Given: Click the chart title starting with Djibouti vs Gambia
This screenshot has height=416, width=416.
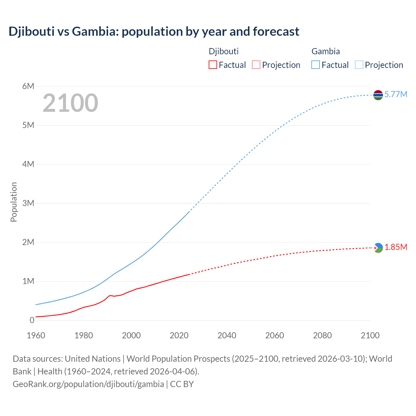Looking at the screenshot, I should (x=154, y=32).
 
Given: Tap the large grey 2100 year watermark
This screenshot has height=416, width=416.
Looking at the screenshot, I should (x=70, y=103).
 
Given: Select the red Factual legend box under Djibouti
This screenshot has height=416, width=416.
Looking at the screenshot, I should (x=213, y=65).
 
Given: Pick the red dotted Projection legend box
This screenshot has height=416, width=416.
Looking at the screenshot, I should (x=256, y=65).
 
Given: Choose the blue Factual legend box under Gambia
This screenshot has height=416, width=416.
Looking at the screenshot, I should (x=316, y=65).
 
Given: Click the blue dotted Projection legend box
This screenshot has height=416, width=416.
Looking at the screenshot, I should (x=359, y=65).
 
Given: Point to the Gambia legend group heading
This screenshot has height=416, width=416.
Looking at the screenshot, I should (x=325, y=51).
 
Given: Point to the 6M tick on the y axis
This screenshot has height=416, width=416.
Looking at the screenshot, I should (x=28, y=86).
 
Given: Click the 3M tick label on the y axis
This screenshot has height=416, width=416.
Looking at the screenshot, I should (x=28, y=203).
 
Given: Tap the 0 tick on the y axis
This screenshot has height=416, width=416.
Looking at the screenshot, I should (x=32, y=320).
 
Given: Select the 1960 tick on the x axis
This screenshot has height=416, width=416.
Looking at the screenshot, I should (x=36, y=335).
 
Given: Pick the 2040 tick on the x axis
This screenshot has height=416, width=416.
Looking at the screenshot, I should (x=227, y=335).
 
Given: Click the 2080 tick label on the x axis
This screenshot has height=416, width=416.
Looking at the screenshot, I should (x=322, y=335).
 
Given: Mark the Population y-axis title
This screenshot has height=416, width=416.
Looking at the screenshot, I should (x=14, y=202).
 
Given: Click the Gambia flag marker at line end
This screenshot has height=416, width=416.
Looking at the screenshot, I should (x=378, y=95).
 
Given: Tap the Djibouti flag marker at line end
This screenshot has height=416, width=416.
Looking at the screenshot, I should (x=378, y=248).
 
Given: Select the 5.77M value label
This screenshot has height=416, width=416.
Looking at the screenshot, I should (x=396, y=94).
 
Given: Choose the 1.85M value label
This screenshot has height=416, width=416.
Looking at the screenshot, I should (x=396, y=247).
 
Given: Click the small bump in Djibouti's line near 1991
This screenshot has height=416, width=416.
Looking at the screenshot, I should (x=110, y=295).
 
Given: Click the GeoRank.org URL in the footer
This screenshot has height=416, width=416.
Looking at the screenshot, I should (x=88, y=384).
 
